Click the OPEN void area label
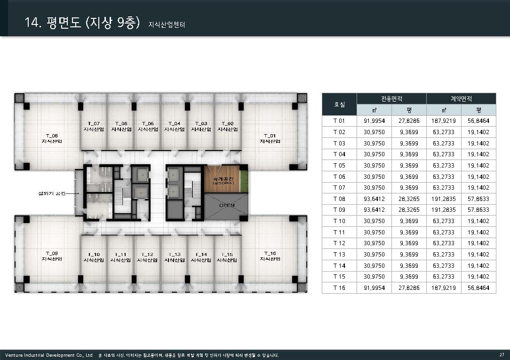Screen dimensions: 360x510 click(x=227, y=205)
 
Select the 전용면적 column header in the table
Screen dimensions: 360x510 click(x=391, y=98)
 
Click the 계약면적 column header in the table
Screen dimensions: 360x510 click(x=461, y=98)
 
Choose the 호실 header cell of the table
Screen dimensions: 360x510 click(x=339, y=104)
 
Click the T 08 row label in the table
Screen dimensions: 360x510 click(x=339, y=199)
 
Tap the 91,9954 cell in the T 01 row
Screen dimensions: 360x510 click(x=374, y=121)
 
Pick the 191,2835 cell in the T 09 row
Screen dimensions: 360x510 click(x=444, y=210)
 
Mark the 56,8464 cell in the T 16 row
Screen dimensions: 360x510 click(x=478, y=288)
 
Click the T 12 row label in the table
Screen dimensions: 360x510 click(x=339, y=243)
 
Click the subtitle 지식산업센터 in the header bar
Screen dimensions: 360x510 click(x=167, y=24)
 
